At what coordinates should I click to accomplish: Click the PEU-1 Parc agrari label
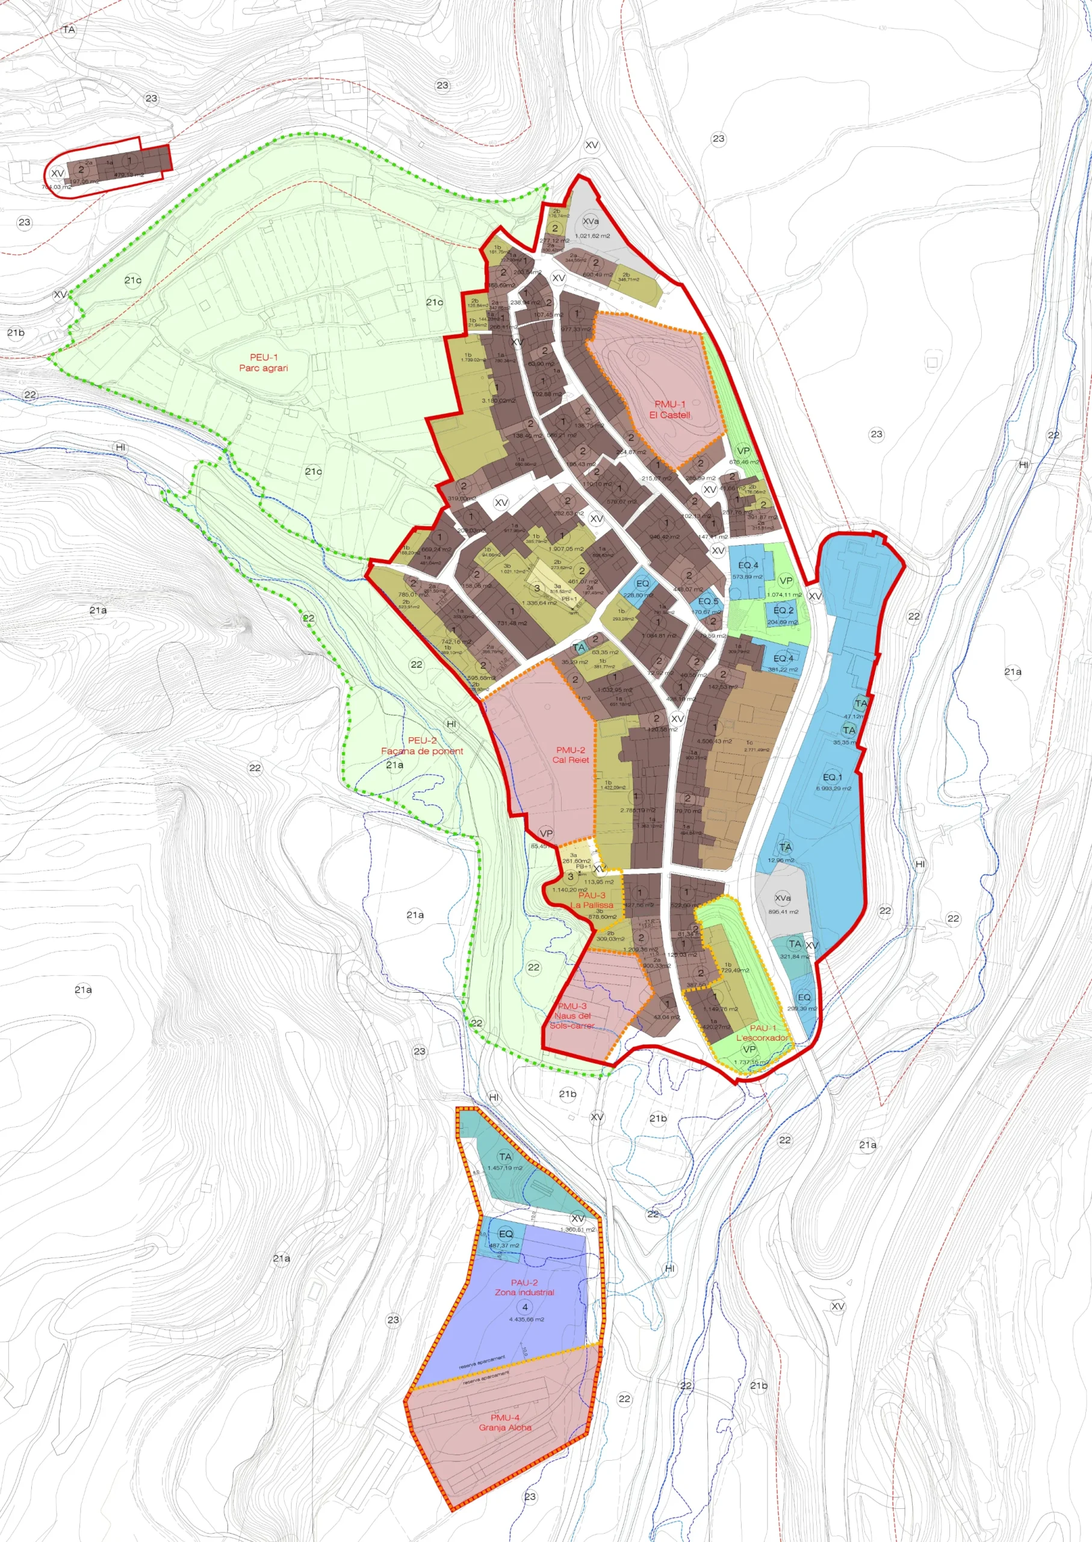(x=264, y=363)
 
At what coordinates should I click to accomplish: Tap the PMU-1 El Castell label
(x=670, y=410)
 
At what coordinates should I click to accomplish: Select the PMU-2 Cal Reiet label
(x=570, y=755)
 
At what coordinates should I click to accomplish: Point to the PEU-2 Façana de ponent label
(x=421, y=746)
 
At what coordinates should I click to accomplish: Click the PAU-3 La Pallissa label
(x=592, y=900)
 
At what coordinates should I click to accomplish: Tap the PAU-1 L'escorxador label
(x=763, y=1032)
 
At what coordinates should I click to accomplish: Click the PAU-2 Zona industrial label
(x=524, y=1287)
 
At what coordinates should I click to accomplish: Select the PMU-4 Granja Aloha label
(x=505, y=1422)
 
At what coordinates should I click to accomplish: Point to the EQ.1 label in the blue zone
(x=832, y=777)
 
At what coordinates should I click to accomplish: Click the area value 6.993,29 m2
(x=833, y=788)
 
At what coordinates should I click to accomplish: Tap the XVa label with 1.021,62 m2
(x=591, y=221)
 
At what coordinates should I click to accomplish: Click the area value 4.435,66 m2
(x=527, y=1319)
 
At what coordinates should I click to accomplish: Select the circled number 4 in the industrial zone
(x=524, y=1306)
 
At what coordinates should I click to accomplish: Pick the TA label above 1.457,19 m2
(x=505, y=1156)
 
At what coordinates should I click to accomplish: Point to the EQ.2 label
(x=783, y=610)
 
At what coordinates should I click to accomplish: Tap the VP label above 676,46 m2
(x=743, y=451)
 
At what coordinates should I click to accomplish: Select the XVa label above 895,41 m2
(x=783, y=898)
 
